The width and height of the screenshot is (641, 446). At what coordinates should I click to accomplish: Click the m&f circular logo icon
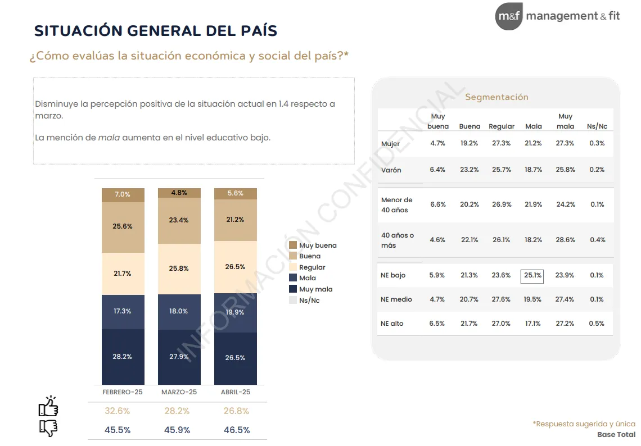(509, 16)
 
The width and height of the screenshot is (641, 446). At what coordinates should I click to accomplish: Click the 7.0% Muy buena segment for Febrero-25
(123, 194)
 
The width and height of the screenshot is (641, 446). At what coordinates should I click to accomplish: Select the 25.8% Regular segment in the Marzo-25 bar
(179, 268)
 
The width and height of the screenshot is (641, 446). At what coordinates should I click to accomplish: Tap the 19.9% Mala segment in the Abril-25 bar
(235, 312)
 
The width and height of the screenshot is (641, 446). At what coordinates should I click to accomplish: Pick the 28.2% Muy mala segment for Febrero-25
(123, 356)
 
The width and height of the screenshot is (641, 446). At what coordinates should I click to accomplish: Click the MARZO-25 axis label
(179, 392)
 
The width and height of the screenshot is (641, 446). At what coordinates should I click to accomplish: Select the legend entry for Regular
(312, 267)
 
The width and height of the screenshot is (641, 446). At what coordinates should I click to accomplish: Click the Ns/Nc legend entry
(309, 301)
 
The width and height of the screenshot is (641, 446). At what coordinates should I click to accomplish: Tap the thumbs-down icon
(48, 428)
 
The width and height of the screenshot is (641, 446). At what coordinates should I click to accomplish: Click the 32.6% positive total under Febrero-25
(117, 411)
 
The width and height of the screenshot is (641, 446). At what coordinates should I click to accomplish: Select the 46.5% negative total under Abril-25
(237, 430)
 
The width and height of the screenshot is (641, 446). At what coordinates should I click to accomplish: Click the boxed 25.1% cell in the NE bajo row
(532, 275)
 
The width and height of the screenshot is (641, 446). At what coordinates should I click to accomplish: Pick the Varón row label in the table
(391, 170)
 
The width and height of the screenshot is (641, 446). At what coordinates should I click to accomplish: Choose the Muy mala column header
(565, 121)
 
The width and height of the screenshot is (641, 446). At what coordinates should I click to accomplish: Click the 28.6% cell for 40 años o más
(565, 240)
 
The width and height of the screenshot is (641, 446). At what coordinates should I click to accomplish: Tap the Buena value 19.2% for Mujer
(469, 143)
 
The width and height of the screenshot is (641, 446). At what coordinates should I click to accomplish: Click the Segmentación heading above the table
(496, 97)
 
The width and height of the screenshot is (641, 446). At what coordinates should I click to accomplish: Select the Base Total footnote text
(616, 435)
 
